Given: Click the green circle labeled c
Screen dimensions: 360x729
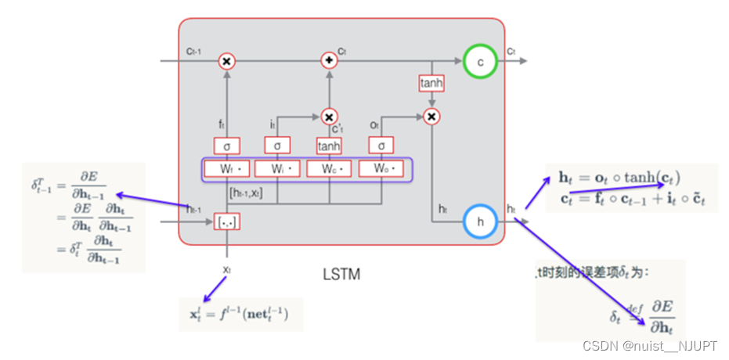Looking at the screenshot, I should (x=480, y=61).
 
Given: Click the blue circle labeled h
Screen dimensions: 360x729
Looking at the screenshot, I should (x=480, y=222).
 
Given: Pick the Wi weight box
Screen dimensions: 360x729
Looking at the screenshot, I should (x=278, y=168).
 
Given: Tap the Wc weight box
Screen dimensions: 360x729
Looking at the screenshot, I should (x=330, y=168).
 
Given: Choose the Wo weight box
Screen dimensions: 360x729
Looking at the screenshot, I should (x=381, y=168).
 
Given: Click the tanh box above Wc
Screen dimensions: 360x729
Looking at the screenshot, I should (x=329, y=146).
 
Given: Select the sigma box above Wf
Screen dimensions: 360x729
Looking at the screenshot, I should (x=226, y=146).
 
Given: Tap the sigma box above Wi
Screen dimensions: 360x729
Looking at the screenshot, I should (x=277, y=146).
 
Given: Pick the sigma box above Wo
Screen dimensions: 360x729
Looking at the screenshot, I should (x=381, y=146).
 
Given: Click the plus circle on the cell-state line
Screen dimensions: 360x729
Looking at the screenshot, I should (x=329, y=61).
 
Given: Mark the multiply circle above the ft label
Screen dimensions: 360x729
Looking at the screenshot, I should (x=226, y=61).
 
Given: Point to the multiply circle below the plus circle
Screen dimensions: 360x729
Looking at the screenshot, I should (x=329, y=116).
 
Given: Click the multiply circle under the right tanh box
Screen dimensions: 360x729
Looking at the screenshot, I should (x=430, y=116).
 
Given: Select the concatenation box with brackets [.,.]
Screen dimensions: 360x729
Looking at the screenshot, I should (x=226, y=222).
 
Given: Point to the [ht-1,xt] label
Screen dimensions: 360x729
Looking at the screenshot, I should (x=246, y=192).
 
